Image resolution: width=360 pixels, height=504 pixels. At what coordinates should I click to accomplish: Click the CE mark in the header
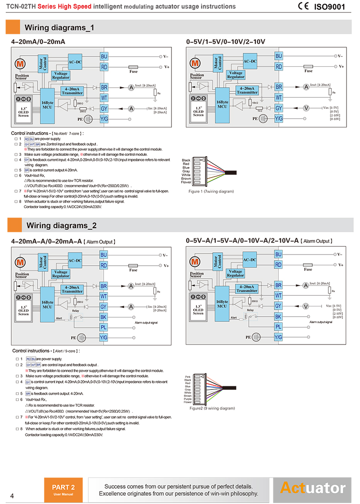click(x=303, y=6)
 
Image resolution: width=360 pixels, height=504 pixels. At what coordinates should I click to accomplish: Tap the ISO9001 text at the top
click(x=330, y=7)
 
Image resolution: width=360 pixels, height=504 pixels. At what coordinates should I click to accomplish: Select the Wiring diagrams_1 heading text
click(x=59, y=28)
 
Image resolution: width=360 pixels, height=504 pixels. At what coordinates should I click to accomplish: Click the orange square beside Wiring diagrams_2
click(x=14, y=225)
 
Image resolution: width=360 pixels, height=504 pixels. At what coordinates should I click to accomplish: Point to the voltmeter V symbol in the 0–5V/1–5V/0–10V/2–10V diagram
click(x=306, y=108)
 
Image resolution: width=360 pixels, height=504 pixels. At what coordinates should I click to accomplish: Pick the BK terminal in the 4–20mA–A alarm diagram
click(x=104, y=317)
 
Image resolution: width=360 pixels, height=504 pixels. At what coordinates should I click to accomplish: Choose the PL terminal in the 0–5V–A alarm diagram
click(x=278, y=327)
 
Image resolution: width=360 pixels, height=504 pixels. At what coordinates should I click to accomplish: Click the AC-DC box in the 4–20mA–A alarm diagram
click(x=75, y=260)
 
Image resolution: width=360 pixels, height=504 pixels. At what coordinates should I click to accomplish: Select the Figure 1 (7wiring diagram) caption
click(x=211, y=191)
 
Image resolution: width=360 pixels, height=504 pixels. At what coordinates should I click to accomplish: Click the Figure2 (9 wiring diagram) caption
click(x=212, y=408)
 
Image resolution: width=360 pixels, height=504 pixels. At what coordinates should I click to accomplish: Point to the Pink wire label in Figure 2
click(x=188, y=376)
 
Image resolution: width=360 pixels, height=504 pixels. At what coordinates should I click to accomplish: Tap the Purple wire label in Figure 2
click(x=187, y=399)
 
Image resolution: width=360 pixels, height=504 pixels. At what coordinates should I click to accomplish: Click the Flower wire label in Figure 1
click(x=186, y=182)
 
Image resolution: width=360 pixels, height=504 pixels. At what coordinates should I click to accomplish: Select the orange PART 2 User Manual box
click(x=63, y=489)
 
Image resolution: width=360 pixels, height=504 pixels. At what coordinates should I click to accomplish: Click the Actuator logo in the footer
click(x=313, y=488)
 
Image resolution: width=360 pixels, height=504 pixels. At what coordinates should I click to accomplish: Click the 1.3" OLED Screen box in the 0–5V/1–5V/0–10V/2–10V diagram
click(x=198, y=112)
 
